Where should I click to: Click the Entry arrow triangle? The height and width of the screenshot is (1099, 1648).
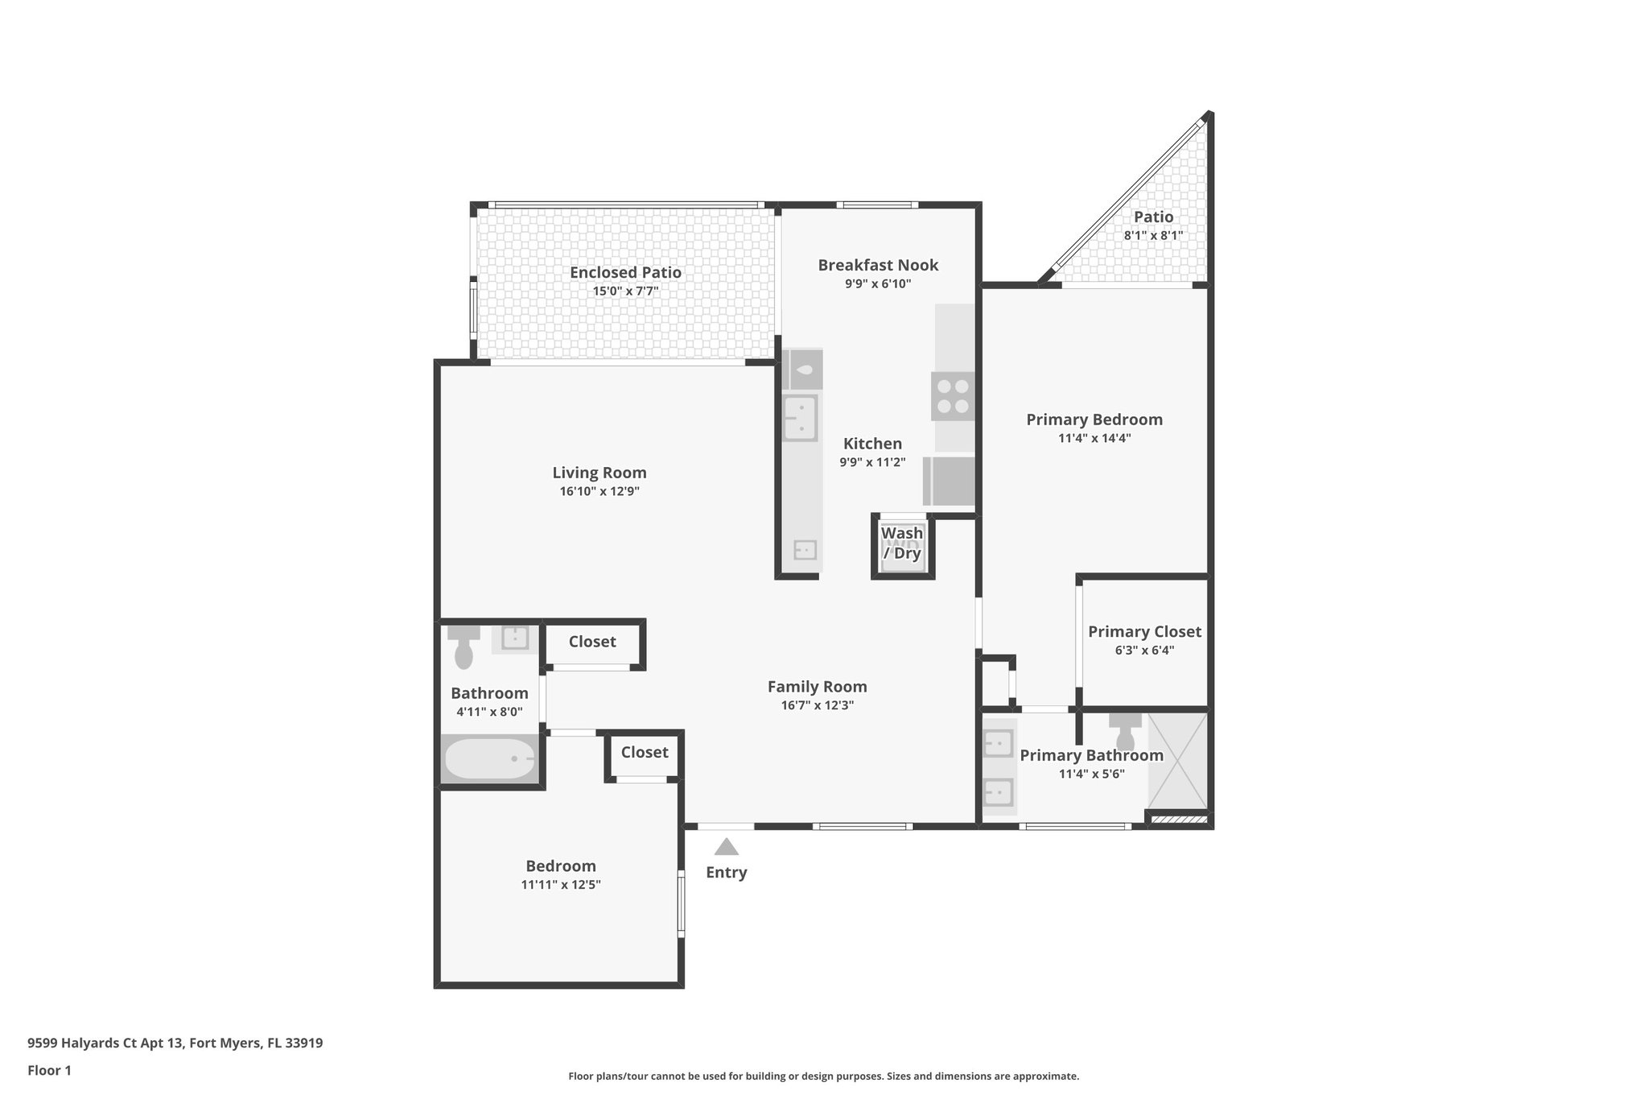pos(726,847)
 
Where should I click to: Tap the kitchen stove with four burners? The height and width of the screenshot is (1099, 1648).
pos(953,396)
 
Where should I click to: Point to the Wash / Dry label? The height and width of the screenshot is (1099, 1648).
pos(902,543)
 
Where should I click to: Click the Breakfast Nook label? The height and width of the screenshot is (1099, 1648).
pos(878,265)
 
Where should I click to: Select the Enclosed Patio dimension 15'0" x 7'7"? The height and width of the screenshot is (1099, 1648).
pos(625,291)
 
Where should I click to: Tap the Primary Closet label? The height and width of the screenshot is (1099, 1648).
pos(1144,632)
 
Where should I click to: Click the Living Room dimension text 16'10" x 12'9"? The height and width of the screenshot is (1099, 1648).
pos(599,492)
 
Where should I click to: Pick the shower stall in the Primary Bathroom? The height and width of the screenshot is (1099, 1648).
pos(1177,762)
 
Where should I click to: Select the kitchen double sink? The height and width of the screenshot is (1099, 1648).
pos(801,418)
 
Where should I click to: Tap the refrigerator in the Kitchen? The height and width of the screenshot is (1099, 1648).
pos(950,481)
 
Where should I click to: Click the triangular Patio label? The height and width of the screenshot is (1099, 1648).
pos(1153,217)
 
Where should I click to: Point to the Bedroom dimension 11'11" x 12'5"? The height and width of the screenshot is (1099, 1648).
pos(561,885)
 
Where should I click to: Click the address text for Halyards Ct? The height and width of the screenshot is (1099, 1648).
pos(175,1043)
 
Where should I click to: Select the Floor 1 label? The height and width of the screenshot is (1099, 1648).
pos(49,1071)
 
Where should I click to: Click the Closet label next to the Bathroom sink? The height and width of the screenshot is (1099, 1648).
pos(592,642)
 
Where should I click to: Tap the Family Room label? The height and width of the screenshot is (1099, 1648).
pos(817,687)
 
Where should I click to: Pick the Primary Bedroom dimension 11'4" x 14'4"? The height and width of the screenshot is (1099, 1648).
pos(1094,439)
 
